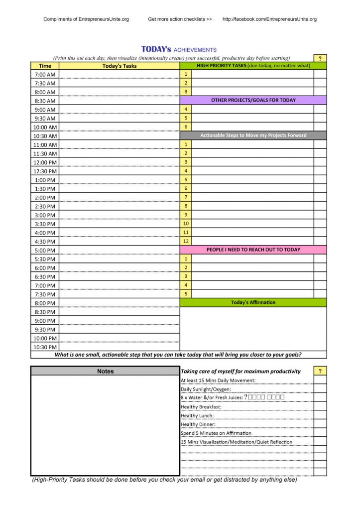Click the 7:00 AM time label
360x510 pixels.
[x=45, y=74]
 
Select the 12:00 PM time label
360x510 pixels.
[x=45, y=162]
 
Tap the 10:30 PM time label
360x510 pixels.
[x=45, y=347]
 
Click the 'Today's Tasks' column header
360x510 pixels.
[x=120, y=66]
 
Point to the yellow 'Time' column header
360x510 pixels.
[x=45, y=66]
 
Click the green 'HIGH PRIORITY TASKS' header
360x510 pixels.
[x=253, y=65]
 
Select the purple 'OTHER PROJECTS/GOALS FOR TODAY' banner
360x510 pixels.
[x=253, y=100]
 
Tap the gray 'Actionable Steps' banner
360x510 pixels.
[x=253, y=135]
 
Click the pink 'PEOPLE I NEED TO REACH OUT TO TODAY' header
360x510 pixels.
[x=253, y=250]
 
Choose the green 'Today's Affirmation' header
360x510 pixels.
[x=253, y=302]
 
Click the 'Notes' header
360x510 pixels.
[x=105, y=371]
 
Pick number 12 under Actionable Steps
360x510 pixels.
[x=186, y=241]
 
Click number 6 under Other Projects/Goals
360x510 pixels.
[x=186, y=127]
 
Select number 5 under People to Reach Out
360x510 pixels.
[x=186, y=294]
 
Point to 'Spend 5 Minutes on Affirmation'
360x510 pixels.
[x=216, y=433]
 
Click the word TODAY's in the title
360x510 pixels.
[x=156, y=49]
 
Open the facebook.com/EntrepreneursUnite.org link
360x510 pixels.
[x=269, y=19]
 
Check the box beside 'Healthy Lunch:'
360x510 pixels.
[x=320, y=415]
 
